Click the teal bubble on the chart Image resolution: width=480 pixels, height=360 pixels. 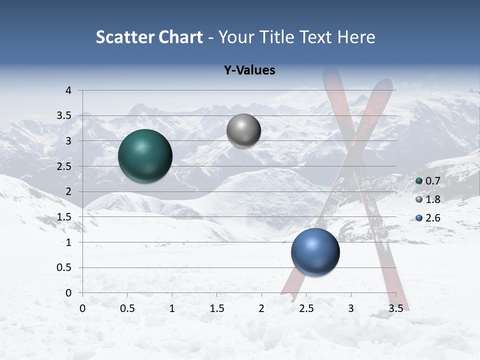click(x=145, y=156)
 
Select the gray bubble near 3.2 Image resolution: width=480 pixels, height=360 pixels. click(x=243, y=131)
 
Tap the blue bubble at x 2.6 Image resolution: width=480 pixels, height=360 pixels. click(x=315, y=252)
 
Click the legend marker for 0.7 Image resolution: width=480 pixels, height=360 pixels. click(x=419, y=181)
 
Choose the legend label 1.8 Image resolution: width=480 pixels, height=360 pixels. click(x=432, y=199)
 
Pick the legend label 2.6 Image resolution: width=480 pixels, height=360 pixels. click(x=432, y=218)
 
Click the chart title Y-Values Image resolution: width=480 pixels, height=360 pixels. click(x=249, y=70)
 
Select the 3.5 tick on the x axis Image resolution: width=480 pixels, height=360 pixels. click(x=395, y=308)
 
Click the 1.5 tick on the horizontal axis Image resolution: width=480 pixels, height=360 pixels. click(x=216, y=308)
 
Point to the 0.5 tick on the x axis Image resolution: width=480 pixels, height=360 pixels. click(x=127, y=308)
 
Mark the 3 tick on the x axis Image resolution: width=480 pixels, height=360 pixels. click(x=351, y=308)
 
